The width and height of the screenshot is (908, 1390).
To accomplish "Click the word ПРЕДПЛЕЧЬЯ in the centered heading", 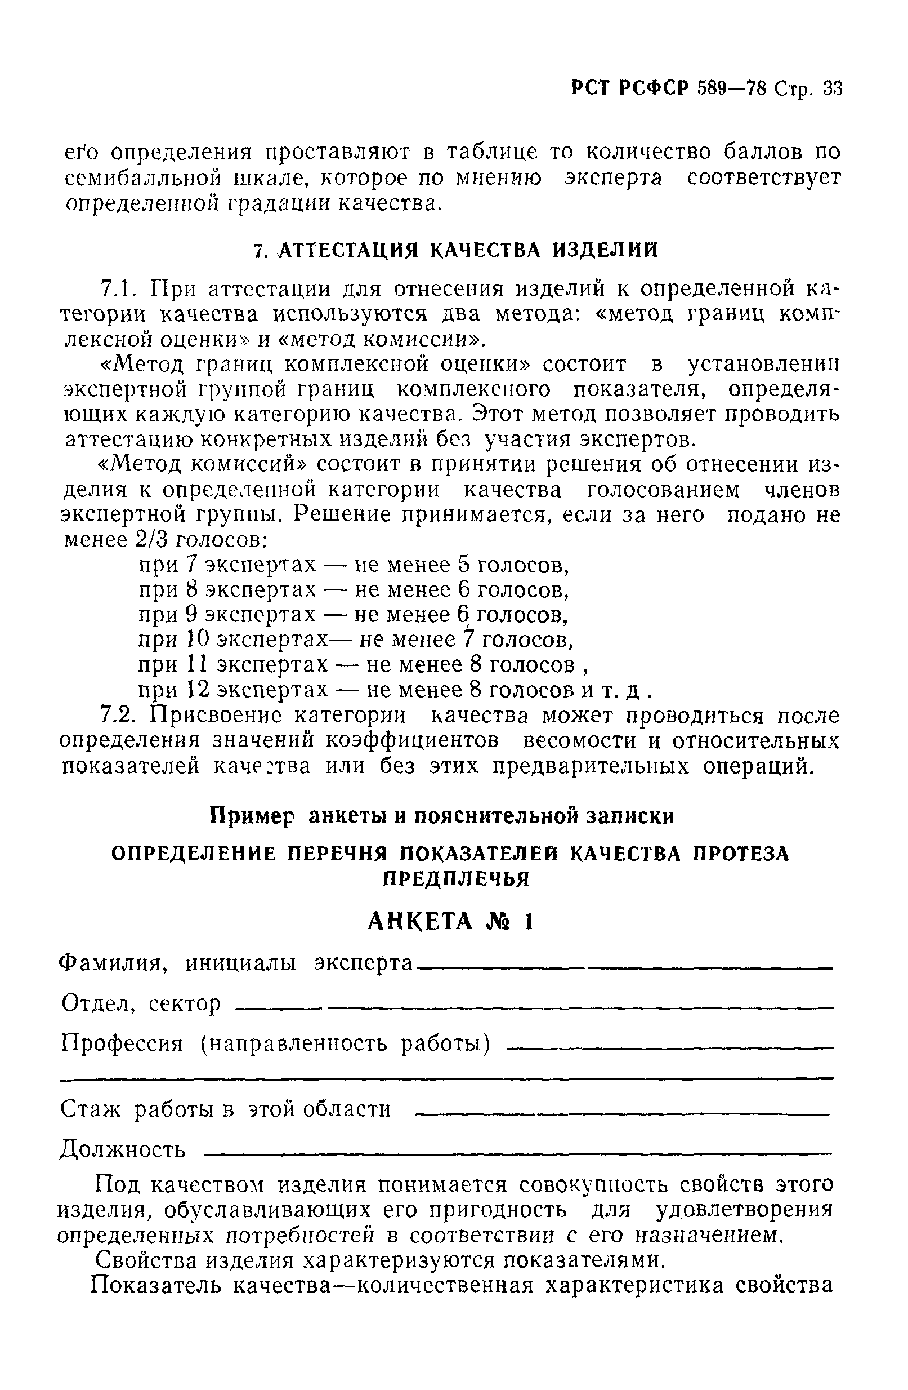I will point(455,878).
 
